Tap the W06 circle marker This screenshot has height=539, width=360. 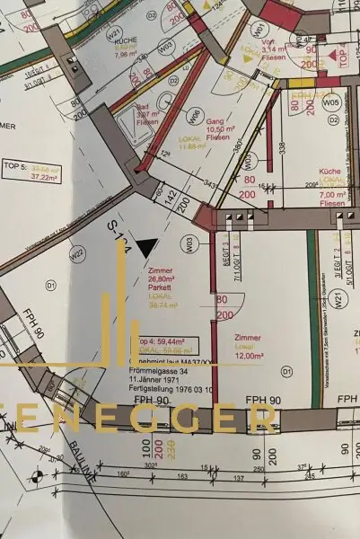pyautogui.click(x=195, y=115)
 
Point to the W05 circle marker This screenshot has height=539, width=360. pyautogui.click(x=331, y=102)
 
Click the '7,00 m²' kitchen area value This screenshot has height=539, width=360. pyautogui.click(x=333, y=193)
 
